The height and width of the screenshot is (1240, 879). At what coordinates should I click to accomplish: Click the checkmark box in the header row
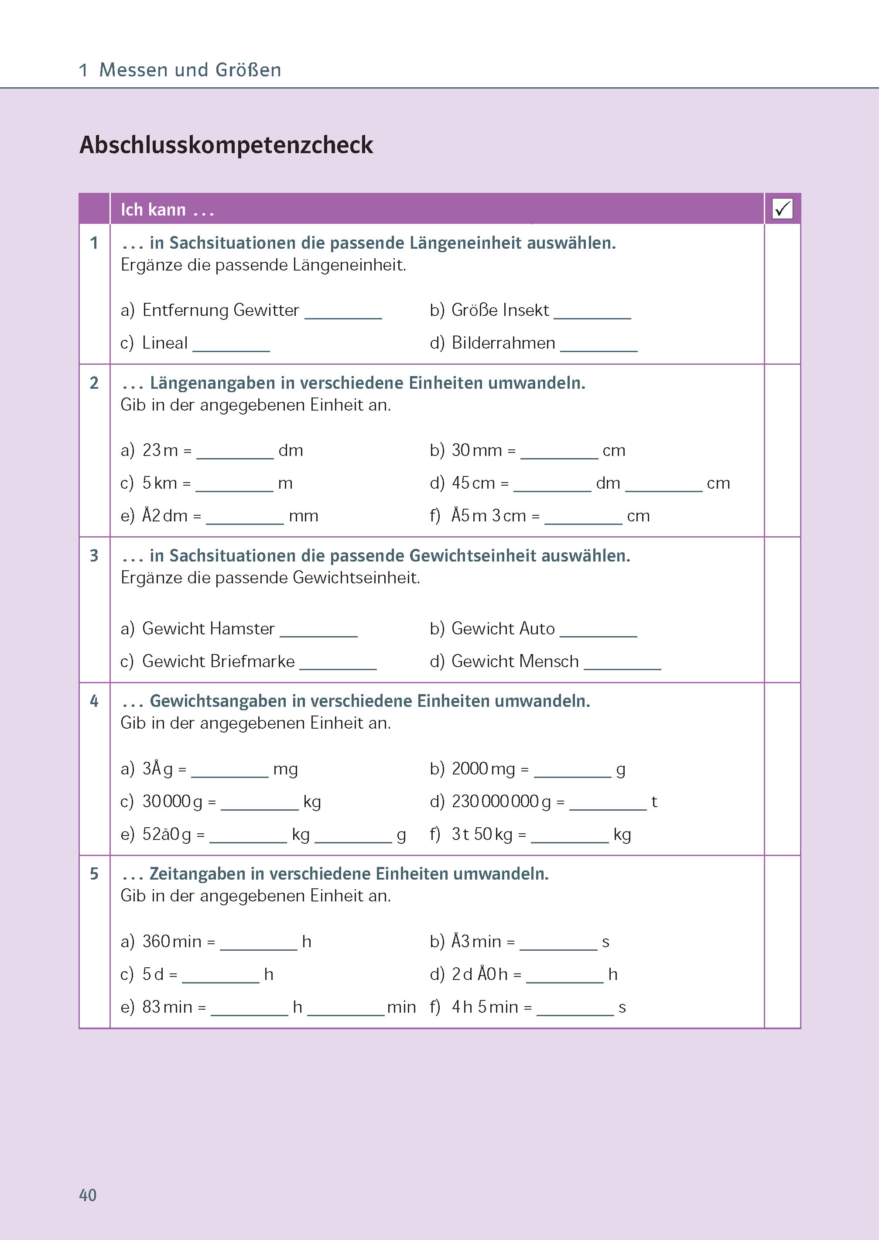tap(782, 209)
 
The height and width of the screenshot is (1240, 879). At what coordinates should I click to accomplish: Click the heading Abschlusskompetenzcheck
tap(226, 145)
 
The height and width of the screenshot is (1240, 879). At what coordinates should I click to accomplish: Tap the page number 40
tap(88, 1195)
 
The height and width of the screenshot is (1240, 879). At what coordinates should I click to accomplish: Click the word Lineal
tap(164, 343)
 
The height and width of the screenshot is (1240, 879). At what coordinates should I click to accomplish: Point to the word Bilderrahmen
tap(503, 343)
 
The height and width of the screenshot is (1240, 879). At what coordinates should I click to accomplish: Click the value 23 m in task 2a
tap(160, 450)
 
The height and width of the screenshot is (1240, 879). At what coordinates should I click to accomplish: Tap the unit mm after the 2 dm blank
tap(303, 516)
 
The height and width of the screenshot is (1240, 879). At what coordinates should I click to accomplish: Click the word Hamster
tap(243, 629)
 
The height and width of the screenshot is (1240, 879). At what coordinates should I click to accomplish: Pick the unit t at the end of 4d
tap(654, 802)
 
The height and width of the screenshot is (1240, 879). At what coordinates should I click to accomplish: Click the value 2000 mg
tap(483, 769)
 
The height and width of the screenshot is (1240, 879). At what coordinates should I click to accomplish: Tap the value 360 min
tap(171, 942)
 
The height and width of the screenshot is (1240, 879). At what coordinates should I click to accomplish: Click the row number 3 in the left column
tap(94, 555)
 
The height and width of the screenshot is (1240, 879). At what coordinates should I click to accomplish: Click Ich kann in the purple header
tap(153, 209)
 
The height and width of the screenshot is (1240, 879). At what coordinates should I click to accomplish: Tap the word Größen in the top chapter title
tap(248, 70)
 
